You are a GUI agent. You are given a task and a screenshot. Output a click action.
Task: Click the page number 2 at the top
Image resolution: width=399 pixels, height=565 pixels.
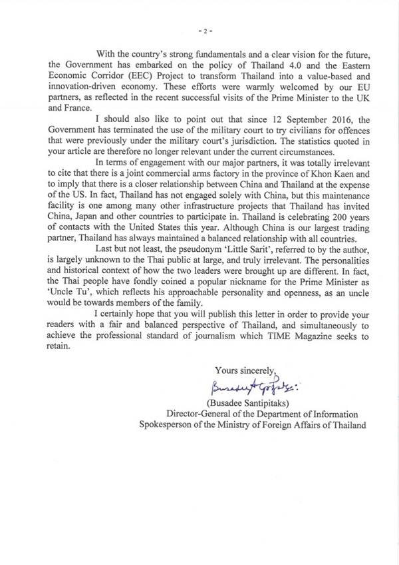(199, 32)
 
